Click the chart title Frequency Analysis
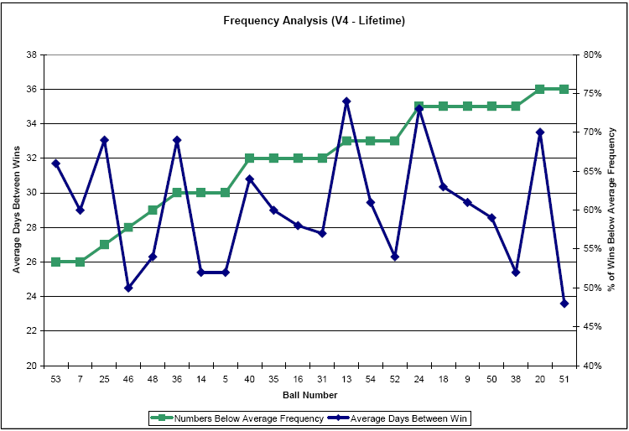[314, 20]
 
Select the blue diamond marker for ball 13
[346, 101]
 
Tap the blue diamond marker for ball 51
[564, 304]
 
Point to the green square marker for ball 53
[56, 262]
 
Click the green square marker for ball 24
[419, 106]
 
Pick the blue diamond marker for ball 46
[128, 288]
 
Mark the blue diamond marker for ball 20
[540, 132]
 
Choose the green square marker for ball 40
[250, 158]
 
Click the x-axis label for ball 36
[177, 379]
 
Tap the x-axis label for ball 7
[81, 379]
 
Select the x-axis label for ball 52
[395, 379]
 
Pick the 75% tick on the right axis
[592, 93]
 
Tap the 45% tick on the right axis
[592, 327]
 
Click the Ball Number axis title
[310, 394]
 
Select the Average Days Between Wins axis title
[16, 210]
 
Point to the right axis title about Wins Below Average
[612, 210]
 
